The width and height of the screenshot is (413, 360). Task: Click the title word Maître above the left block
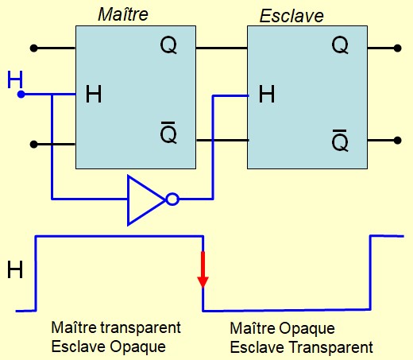pyautogui.click(x=123, y=14)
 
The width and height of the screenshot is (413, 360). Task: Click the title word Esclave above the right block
pyautogui.click(x=291, y=16)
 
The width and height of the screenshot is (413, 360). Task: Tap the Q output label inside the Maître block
pyautogui.click(x=168, y=45)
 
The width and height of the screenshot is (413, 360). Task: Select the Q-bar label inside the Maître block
pyautogui.click(x=168, y=133)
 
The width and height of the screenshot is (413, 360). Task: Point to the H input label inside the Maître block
pyautogui.click(x=94, y=94)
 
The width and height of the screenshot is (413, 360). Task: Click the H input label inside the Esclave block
pyautogui.click(x=267, y=94)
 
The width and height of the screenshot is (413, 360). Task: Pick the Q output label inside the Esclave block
pyautogui.click(x=340, y=45)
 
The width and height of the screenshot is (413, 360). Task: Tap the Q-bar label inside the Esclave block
pyautogui.click(x=340, y=141)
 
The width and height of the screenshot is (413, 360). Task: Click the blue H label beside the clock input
pyautogui.click(x=15, y=79)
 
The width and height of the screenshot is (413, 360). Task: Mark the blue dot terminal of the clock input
pyautogui.click(x=21, y=94)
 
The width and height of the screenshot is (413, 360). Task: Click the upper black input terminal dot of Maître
pyautogui.click(x=34, y=48)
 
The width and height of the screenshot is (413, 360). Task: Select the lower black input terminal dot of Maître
pyautogui.click(x=34, y=145)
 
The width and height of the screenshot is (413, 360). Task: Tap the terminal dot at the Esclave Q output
pyautogui.click(x=397, y=48)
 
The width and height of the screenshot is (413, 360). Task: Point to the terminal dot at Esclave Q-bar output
pyautogui.click(x=397, y=141)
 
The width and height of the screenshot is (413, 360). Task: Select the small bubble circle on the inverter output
pyautogui.click(x=172, y=199)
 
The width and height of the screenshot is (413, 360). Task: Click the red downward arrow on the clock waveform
pyautogui.click(x=203, y=269)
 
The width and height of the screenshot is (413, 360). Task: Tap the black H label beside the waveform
pyautogui.click(x=15, y=269)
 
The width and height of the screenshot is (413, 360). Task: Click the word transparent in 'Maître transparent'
pyautogui.click(x=141, y=328)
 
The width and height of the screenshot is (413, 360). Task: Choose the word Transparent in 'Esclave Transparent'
pyautogui.click(x=330, y=347)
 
